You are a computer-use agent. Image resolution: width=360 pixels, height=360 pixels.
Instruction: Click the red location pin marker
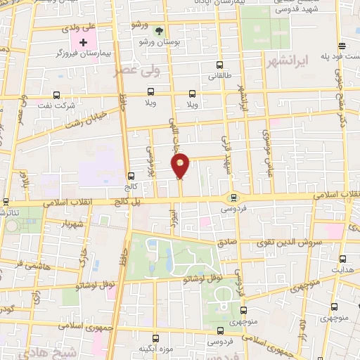click(x=181, y=166)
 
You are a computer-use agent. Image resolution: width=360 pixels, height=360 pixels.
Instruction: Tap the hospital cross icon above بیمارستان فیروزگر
click(x=83, y=43)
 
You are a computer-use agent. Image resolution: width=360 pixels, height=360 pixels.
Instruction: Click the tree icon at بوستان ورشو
click(x=159, y=31)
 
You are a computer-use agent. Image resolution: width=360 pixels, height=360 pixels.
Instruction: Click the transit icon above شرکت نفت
click(x=57, y=95)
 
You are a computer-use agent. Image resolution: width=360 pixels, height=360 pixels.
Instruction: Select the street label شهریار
click(x=72, y=224)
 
